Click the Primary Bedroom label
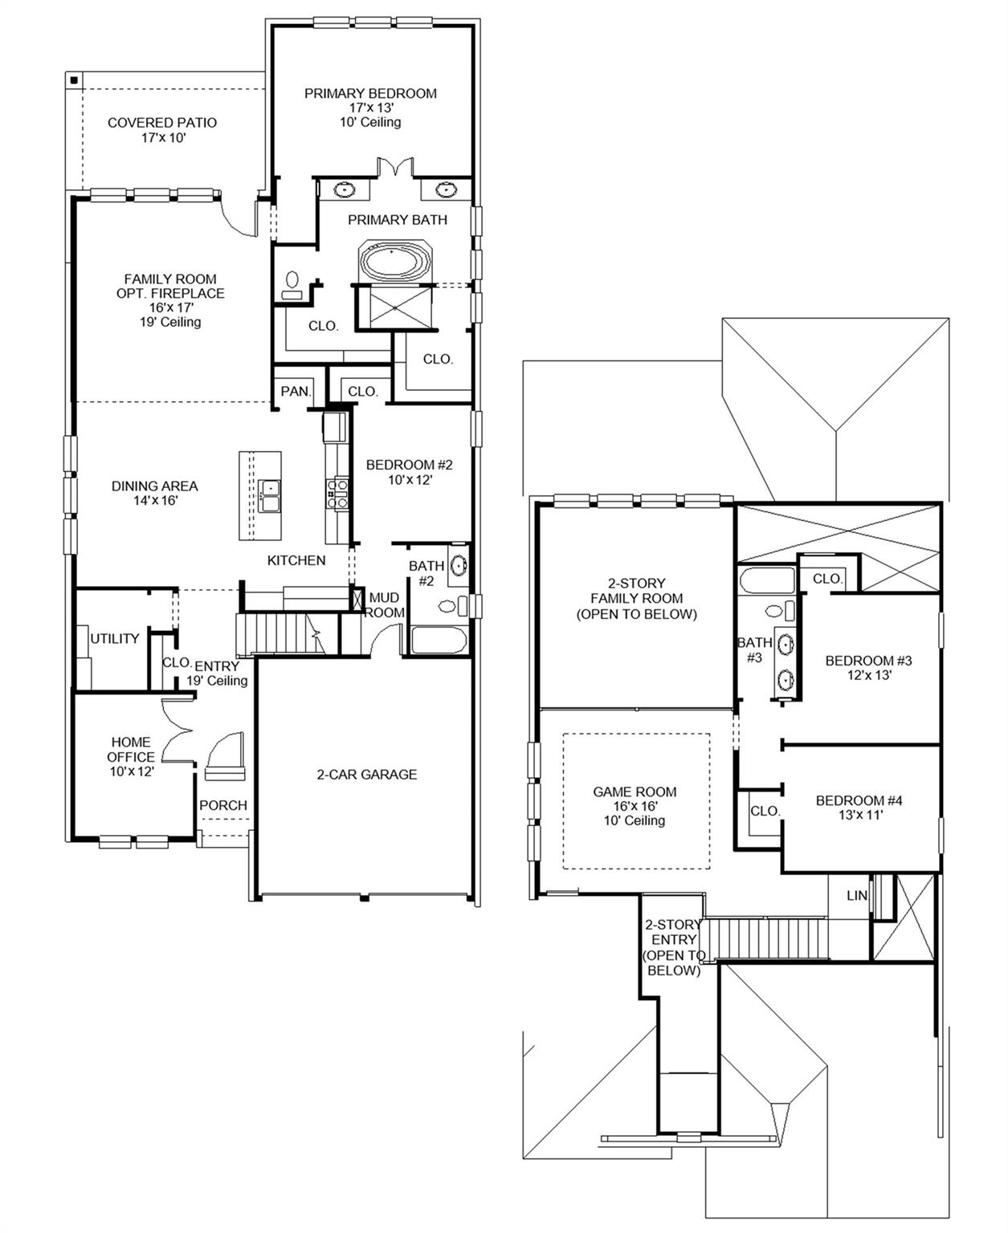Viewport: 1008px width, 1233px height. [370, 93]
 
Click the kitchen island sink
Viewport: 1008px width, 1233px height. [269, 496]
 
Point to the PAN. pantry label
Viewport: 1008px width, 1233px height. [295, 391]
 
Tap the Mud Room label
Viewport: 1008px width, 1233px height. [384, 604]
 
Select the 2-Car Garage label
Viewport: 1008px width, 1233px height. [366, 775]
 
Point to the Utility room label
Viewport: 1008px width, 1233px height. [115, 638]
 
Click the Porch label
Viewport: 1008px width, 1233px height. [223, 805]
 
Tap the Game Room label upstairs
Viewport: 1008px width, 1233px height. [635, 791]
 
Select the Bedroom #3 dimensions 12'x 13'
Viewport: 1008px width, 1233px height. [868, 675]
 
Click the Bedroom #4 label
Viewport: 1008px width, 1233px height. [859, 800]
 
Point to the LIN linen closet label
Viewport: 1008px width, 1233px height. [857, 895]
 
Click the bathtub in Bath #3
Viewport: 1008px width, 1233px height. [767, 580]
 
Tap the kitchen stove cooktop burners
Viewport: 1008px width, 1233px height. [337, 493]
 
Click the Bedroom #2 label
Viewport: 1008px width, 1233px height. [409, 465]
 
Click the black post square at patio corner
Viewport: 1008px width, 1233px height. [73, 79]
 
